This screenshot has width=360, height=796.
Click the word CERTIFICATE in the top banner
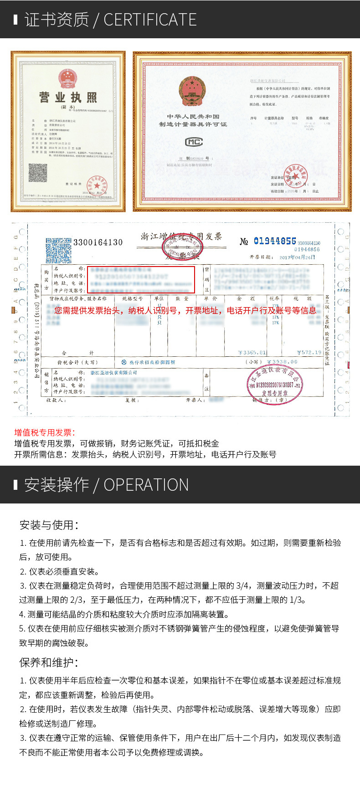coord(150,20)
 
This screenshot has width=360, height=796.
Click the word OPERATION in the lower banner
coord(146,485)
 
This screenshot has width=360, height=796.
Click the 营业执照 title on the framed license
coord(68,97)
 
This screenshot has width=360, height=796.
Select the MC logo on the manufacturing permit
coord(194,142)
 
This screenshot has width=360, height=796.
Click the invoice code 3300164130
coord(98,242)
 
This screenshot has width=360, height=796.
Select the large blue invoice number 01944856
coord(275,241)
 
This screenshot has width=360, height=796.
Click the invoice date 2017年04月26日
coord(297,257)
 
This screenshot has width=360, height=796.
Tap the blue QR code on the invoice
coord(58,251)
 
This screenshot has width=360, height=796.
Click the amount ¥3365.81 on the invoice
coord(252,352)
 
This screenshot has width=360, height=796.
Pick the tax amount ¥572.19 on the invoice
coord(309,352)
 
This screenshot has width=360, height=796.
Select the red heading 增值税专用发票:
coord(45,432)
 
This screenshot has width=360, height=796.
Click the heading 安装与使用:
coord(49,525)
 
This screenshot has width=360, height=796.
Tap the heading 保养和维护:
coord(49,662)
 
